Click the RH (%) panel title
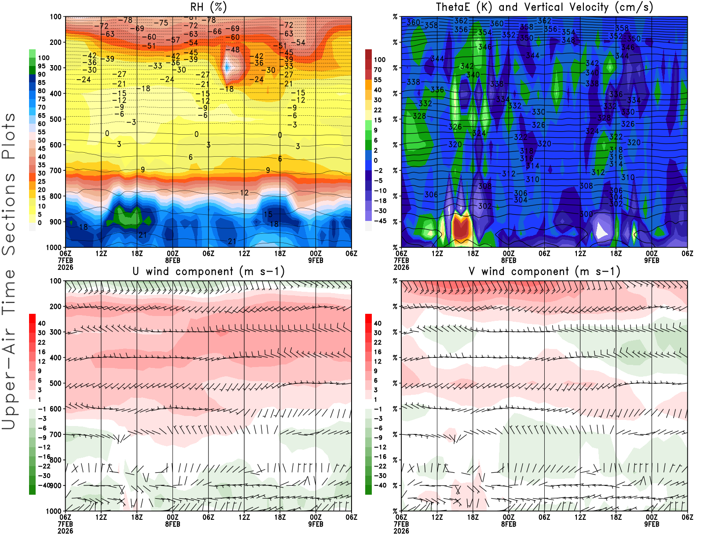tap(208, 7)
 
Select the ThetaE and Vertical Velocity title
tap(544, 7)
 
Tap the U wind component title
tap(209, 272)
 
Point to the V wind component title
tap(544, 272)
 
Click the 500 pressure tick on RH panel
tap(55, 119)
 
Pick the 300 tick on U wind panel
tap(55, 332)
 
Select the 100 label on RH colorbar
tap(44, 58)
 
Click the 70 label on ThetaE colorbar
tap(378, 70)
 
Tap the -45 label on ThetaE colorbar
tap(380, 221)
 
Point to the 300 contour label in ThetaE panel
tap(586, 214)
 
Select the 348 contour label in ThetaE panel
tap(568, 40)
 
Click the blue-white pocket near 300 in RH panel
tap(227, 67)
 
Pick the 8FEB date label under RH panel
tap(172, 260)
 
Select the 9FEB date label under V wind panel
tap(652, 524)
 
